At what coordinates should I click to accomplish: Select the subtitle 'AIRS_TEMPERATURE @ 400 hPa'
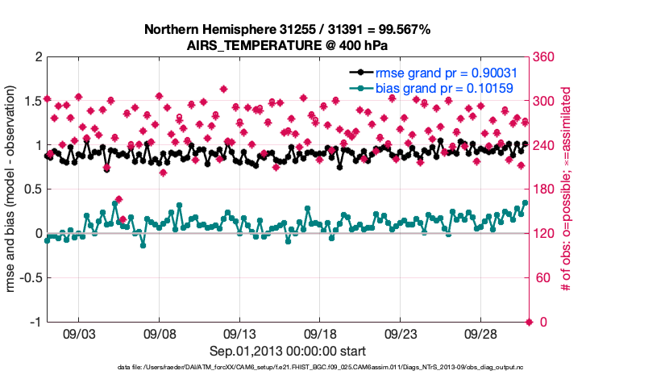point(287,45)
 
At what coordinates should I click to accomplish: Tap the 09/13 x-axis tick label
point(239,333)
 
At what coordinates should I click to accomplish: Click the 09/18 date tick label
point(319,333)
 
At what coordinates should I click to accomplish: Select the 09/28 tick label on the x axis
point(480,333)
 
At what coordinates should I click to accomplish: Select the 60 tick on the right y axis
point(541,277)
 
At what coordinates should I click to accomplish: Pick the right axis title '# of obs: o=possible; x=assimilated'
point(567,189)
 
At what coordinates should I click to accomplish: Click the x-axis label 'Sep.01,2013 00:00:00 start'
point(287,351)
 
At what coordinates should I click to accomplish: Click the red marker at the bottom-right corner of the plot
point(529,322)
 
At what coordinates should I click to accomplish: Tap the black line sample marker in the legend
point(360,73)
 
